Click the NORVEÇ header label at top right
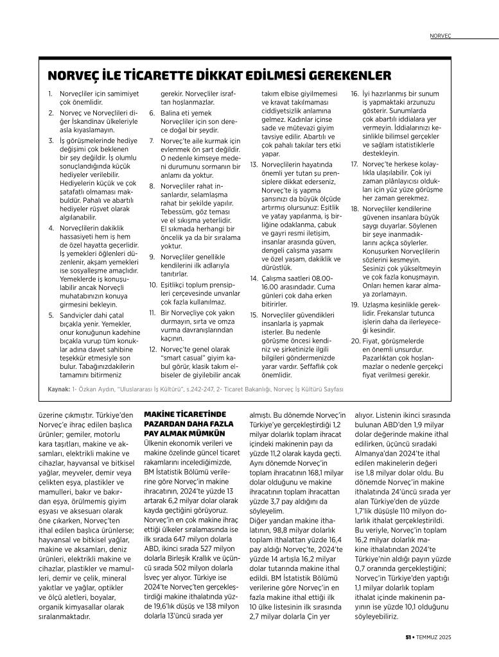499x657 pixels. tap(441, 36)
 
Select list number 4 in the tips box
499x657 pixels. tap(51, 228)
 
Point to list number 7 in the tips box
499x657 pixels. tap(152, 141)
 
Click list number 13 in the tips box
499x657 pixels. tap(253, 165)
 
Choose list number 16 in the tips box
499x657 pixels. tap(355, 94)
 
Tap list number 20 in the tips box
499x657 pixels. tap(355, 340)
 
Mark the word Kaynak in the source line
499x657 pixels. tap(59, 389)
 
